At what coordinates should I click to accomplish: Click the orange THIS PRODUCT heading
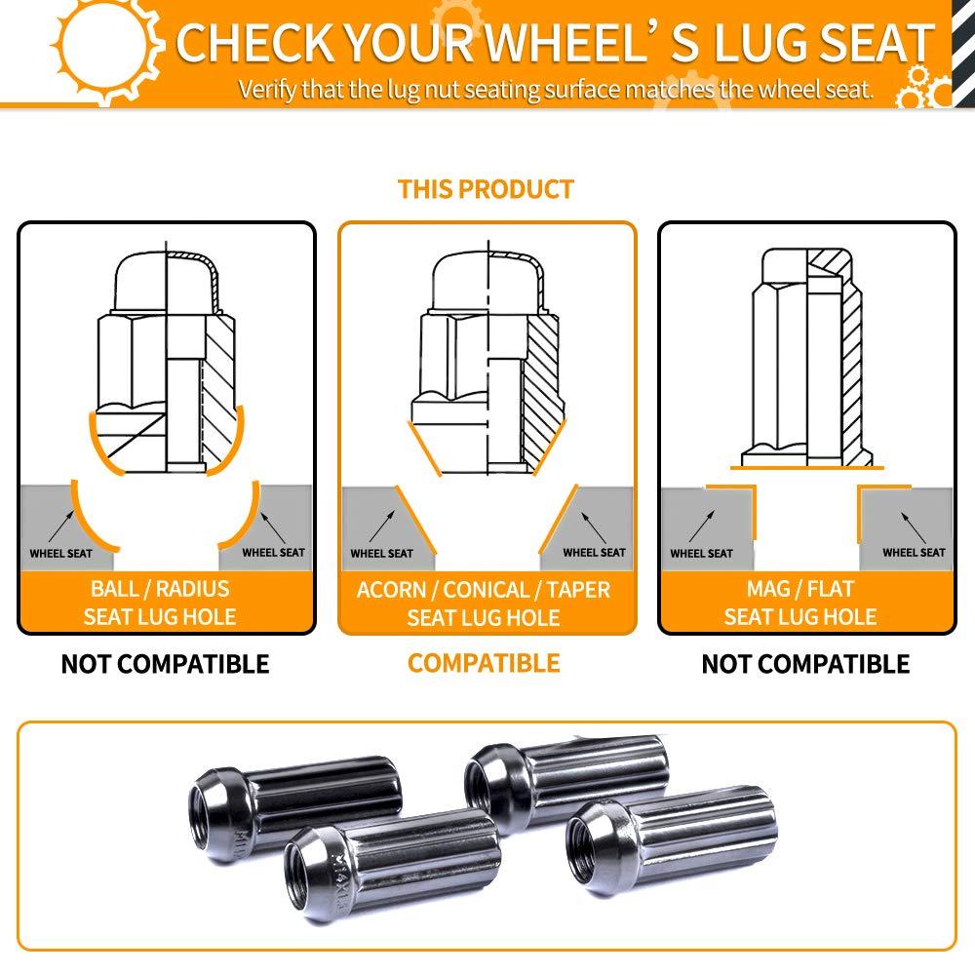pyautogui.click(x=486, y=189)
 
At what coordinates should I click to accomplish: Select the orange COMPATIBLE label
pyautogui.click(x=484, y=663)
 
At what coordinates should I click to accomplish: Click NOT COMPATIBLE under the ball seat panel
pyautogui.click(x=166, y=664)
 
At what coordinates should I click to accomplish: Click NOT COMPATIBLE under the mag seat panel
pyautogui.click(x=806, y=664)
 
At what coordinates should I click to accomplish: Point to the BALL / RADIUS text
pyautogui.click(x=160, y=588)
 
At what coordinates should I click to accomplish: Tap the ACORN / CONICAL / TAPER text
pyautogui.click(x=484, y=590)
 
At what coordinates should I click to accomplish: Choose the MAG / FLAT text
pyautogui.click(x=800, y=588)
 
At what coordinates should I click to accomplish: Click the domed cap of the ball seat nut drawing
pyautogui.click(x=167, y=281)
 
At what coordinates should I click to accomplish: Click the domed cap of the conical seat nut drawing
pyautogui.click(x=488, y=281)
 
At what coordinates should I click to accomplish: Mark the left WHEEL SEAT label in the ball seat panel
pyautogui.click(x=60, y=554)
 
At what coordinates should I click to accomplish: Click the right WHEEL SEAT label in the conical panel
pyautogui.click(x=594, y=552)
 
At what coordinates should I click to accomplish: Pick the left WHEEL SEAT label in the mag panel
pyautogui.click(x=701, y=554)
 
